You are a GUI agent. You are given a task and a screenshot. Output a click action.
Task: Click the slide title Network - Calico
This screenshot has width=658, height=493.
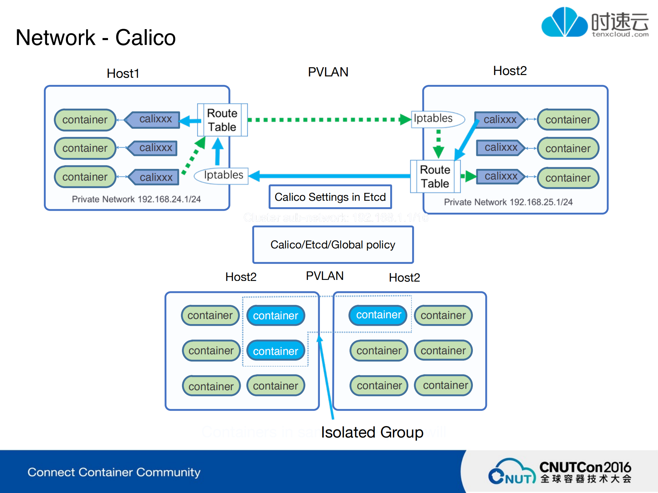[x=96, y=37]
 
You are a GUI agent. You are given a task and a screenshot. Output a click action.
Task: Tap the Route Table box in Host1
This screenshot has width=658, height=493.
[x=222, y=120]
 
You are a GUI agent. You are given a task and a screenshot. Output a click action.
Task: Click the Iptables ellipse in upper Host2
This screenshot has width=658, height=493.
[x=435, y=119]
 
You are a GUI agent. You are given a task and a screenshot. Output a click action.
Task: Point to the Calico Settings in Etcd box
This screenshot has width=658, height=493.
[x=330, y=197]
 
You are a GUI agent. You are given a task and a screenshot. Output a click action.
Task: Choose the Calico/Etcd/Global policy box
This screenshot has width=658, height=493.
[x=333, y=245]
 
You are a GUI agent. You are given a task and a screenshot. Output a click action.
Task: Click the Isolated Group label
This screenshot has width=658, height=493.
[x=372, y=432]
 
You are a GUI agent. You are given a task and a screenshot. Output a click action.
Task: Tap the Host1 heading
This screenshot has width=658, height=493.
[x=123, y=73]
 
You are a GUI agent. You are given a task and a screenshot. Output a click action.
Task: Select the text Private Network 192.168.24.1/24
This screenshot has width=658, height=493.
[x=136, y=199]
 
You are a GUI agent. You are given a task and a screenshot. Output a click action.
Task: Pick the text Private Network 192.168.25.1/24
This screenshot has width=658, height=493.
[x=508, y=202]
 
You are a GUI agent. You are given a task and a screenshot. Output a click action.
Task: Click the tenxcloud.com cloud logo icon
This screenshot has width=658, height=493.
[x=564, y=23]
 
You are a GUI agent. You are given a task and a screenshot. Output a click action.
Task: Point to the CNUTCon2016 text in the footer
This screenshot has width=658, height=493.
[x=585, y=467]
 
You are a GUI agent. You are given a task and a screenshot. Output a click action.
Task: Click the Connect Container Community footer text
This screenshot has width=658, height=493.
[x=114, y=472]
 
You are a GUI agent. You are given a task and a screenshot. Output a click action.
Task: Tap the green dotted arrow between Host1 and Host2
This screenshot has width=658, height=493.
[x=326, y=120]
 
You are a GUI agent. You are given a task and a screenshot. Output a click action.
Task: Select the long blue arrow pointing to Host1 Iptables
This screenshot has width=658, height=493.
[x=329, y=176]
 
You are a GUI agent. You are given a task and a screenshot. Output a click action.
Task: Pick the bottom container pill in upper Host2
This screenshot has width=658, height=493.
[x=568, y=178]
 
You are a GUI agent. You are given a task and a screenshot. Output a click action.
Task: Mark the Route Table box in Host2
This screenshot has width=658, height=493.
[x=435, y=177]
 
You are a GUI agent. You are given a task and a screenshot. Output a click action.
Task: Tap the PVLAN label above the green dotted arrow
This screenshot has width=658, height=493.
[x=328, y=72]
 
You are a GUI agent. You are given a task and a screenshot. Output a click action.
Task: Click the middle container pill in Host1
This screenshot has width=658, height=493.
[x=85, y=148]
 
